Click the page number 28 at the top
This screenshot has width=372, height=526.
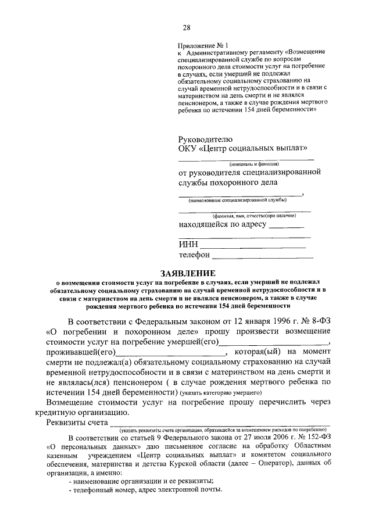pyautogui.click(x=186, y=27)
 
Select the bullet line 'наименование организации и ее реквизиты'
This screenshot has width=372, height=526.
pyautogui.click(x=141, y=480)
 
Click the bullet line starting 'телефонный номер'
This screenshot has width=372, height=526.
pyautogui.click(x=145, y=489)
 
